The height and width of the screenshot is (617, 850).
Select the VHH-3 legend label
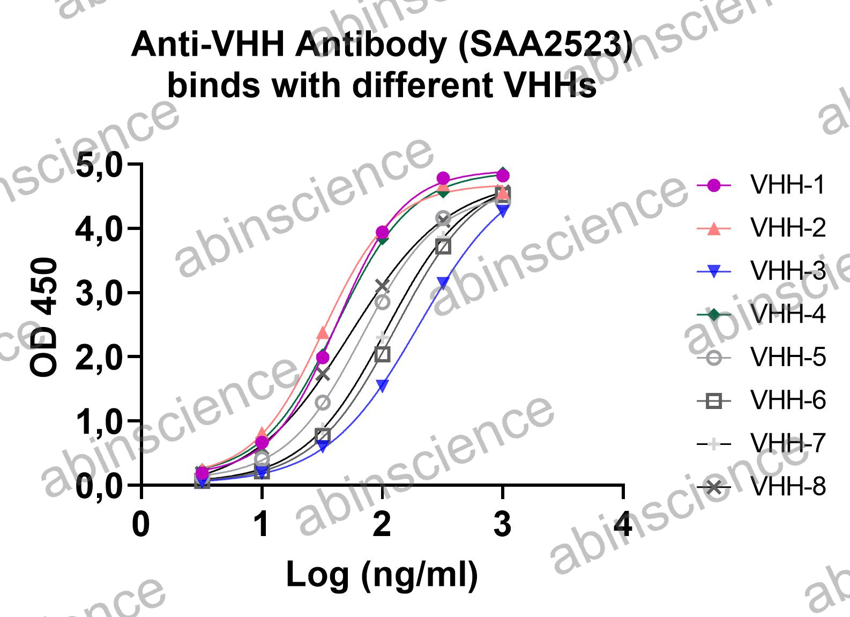(788, 271)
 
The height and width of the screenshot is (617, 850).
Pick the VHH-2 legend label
(788, 228)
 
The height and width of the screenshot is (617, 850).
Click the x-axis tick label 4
(623, 524)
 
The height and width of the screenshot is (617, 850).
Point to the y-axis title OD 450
(43, 317)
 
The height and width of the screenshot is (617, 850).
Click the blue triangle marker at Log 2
(383, 386)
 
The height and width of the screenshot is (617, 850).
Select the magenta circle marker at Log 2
(382, 232)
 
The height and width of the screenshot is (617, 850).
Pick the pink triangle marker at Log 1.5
(323, 332)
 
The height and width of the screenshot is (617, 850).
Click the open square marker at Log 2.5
(443, 247)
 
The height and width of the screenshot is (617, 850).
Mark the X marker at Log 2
(382, 285)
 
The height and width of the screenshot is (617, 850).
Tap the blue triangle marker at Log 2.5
(443, 282)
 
